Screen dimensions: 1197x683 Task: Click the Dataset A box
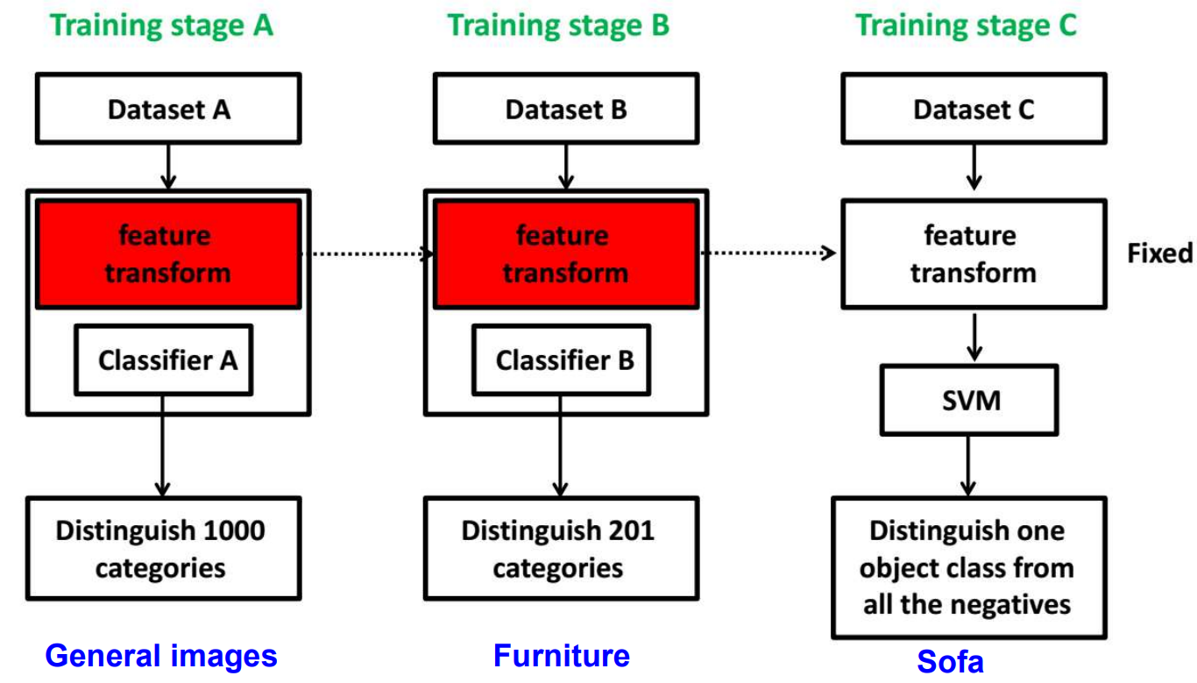[x=168, y=109]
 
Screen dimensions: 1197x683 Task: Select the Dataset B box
[x=566, y=109]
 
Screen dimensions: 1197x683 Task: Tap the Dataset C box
[x=974, y=109]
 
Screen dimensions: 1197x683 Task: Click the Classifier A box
[x=164, y=359]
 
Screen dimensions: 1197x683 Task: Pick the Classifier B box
[x=561, y=359]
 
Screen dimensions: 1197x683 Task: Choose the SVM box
[x=969, y=400]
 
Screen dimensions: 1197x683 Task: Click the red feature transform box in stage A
[x=168, y=254]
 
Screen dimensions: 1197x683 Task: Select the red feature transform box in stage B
[x=566, y=254]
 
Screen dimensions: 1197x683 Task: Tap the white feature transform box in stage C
[x=974, y=254]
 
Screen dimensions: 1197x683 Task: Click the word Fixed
[x=1160, y=253]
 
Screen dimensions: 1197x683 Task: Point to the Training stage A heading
[x=161, y=25]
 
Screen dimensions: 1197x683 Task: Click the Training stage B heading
[x=558, y=25]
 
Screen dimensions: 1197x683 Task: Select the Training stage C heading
[x=967, y=25]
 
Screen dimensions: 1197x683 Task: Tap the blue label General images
[x=161, y=656]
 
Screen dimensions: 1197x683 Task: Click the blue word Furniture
[x=562, y=656]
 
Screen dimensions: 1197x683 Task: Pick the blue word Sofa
[x=950, y=662]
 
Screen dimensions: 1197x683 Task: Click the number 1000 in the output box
[x=234, y=530]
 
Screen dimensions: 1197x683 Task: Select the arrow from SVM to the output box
[x=968, y=466]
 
